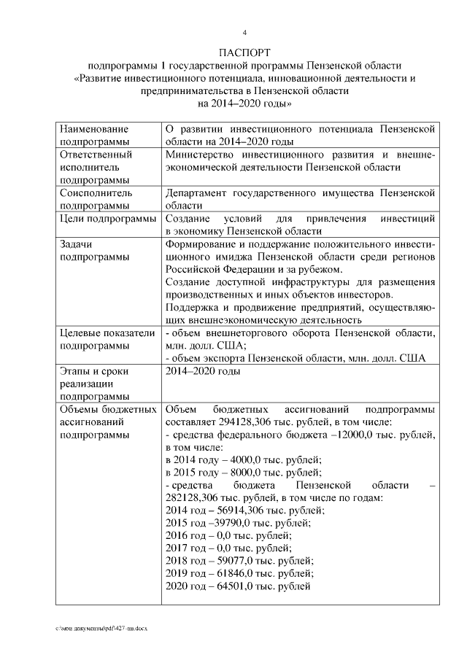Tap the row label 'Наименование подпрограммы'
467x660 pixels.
click(x=95, y=135)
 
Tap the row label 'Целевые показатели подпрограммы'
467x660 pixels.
click(x=107, y=339)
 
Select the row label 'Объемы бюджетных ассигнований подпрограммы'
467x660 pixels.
click(x=107, y=422)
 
